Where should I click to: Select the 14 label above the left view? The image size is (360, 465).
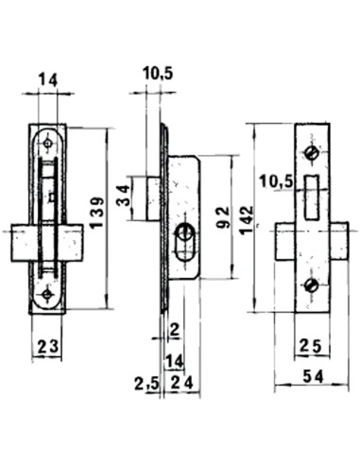pos(47,80)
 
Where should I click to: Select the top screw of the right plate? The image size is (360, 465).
pos(311,154)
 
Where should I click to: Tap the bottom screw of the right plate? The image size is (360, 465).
pos(311,286)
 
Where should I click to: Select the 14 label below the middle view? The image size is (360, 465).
pos(173,360)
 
